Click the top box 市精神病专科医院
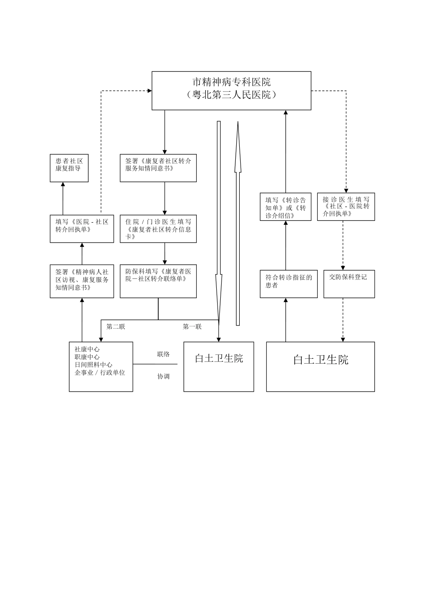point(231,90)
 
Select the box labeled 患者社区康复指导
point(69,168)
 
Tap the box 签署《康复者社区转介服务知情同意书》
point(158,168)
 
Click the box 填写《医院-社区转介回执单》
point(82,229)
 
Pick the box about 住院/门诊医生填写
point(158,229)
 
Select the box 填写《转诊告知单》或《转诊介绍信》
point(285,207)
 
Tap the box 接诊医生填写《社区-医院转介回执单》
point(346,207)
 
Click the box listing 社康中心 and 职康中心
point(101,366)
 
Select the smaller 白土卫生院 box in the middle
point(218,366)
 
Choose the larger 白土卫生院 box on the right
point(320,366)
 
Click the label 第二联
point(116,326)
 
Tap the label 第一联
point(192,326)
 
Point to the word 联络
point(163,354)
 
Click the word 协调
point(163,376)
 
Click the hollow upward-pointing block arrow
point(238,222)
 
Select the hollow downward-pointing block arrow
point(218,222)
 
